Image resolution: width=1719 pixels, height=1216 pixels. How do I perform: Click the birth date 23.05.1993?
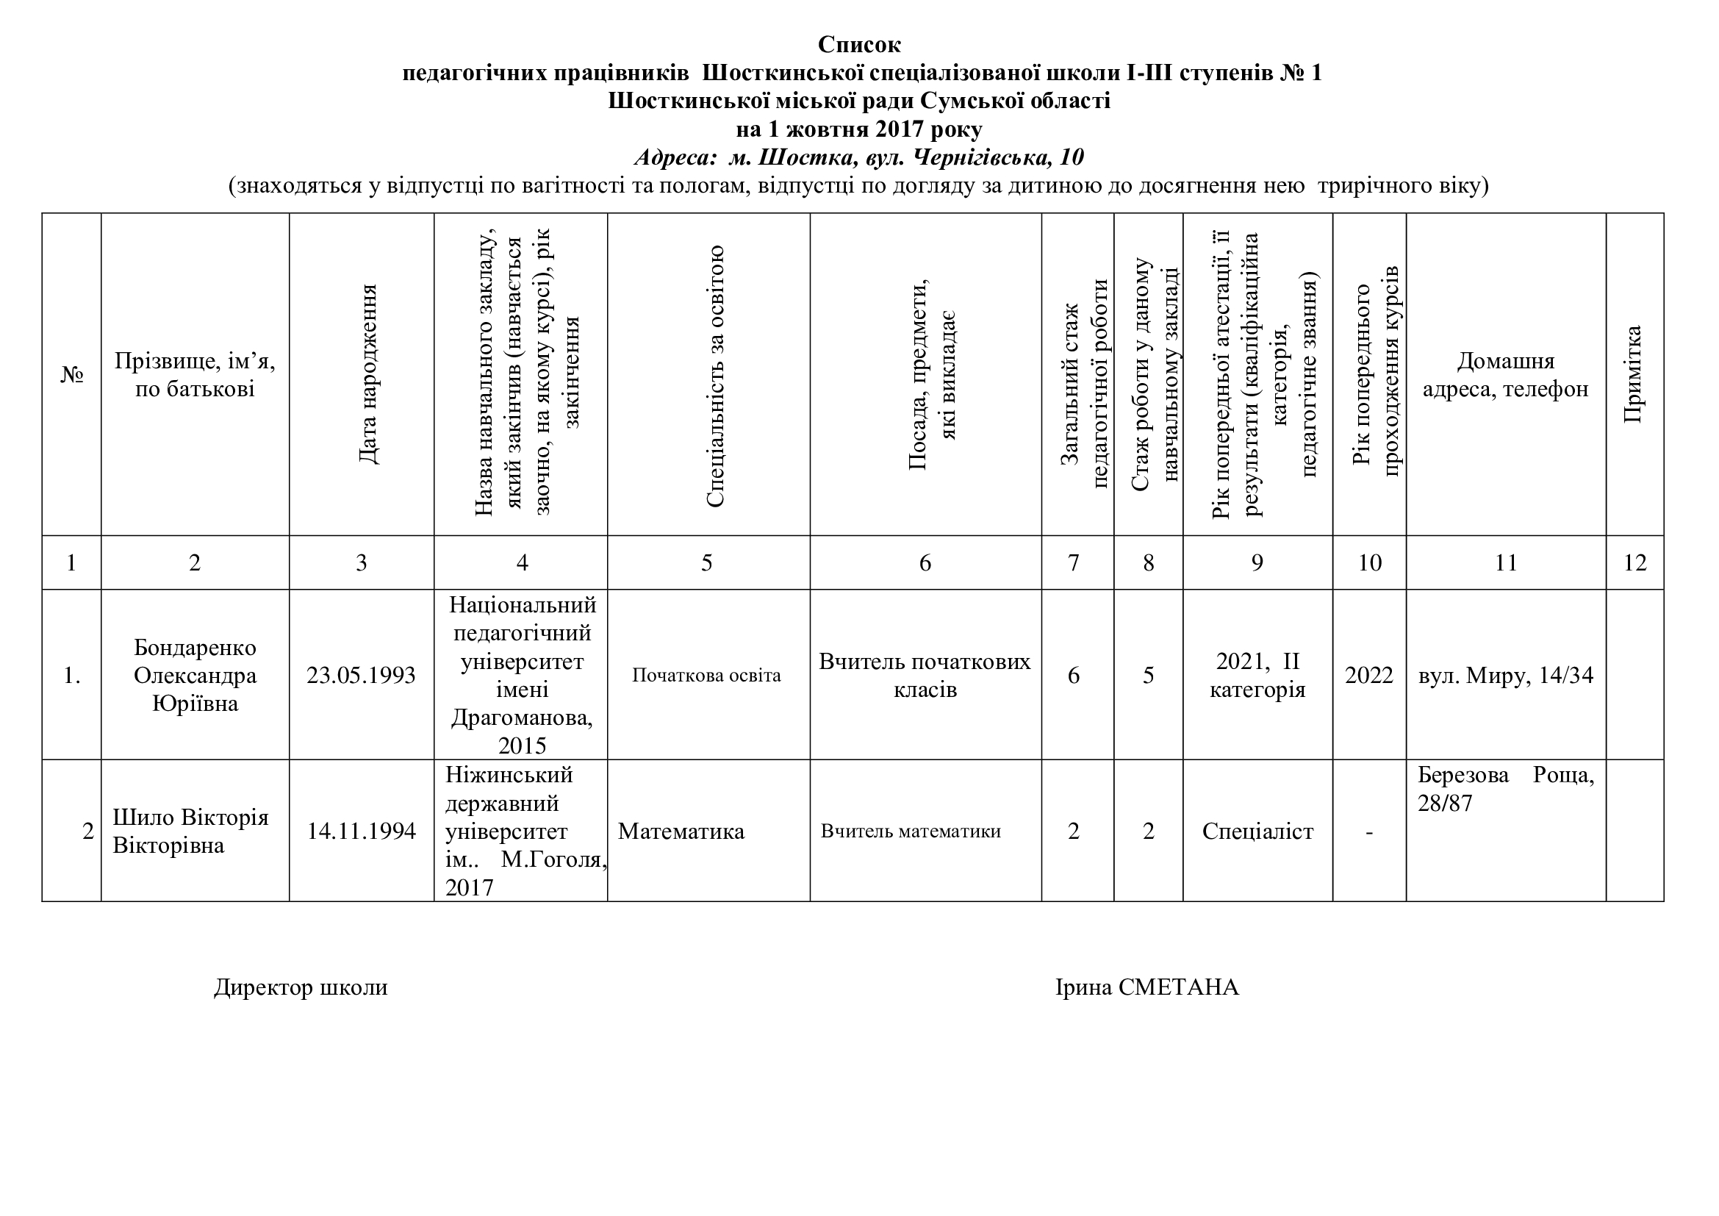click(x=361, y=676)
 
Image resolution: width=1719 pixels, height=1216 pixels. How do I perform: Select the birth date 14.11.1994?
click(x=361, y=831)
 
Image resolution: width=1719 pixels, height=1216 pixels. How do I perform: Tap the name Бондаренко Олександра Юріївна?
click(x=195, y=676)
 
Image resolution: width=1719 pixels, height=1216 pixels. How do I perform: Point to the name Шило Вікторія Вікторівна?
click(x=190, y=831)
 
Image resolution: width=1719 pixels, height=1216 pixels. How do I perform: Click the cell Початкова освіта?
click(x=706, y=676)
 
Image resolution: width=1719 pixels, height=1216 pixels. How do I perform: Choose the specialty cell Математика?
click(x=681, y=832)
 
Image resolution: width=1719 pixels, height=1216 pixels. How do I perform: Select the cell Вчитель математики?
click(x=911, y=831)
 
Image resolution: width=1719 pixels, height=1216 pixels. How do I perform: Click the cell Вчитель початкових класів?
click(x=925, y=676)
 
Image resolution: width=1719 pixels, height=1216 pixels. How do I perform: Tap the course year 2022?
click(x=1368, y=676)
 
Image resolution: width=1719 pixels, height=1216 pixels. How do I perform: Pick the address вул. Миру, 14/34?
click(x=1506, y=676)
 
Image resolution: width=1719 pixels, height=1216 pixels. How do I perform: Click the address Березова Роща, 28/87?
click(x=1506, y=789)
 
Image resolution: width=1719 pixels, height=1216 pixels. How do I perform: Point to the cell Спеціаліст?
click(x=1257, y=832)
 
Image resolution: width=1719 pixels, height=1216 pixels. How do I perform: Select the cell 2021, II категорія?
click(x=1257, y=676)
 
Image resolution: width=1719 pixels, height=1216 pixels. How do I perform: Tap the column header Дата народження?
click(x=367, y=374)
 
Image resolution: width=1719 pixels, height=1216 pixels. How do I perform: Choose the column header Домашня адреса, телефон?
click(x=1506, y=374)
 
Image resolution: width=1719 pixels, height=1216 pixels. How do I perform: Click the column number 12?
click(x=1634, y=563)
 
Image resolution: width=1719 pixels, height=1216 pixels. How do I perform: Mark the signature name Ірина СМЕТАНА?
click(x=1147, y=987)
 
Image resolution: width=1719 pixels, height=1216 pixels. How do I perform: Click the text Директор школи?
click(x=301, y=987)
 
